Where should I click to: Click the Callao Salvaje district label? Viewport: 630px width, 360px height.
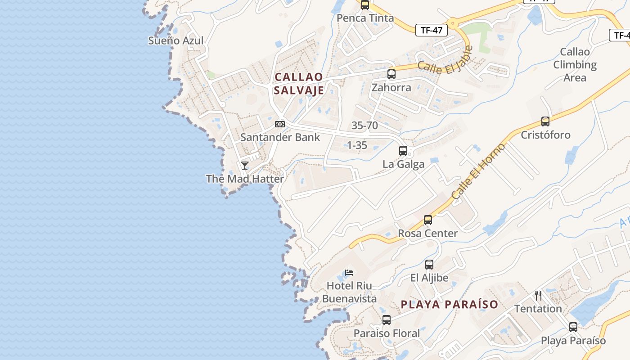[x=299, y=83]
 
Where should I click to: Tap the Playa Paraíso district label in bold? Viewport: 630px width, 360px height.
[x=450, y=304]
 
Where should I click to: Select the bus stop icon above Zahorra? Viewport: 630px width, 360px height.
[x=391, y=74]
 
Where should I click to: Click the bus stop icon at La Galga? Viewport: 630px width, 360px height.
[x=403, y=151]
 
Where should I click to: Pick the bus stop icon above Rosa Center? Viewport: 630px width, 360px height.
[x=428, y=220]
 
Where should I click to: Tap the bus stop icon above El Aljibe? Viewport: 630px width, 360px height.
[x=429, y=265]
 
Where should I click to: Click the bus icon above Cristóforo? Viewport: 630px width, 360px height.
[x=545, y=121]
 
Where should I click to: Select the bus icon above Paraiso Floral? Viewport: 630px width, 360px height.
[x=387, y=320]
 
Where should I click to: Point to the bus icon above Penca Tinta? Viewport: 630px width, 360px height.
[x=365, y=5]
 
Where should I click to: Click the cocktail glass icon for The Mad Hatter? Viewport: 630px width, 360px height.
[x=245, y=166]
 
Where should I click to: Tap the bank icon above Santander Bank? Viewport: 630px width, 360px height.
[x=280, y=124]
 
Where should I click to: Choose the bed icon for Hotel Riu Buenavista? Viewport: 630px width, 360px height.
[x=349, y=272]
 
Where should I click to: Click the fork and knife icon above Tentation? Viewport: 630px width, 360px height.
[x=538, y=296]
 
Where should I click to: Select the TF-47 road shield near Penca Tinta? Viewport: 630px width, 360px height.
[x=432, y=30]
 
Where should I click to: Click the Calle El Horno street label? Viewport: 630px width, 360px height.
[x=479, y=171]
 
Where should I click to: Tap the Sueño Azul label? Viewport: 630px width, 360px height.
[x=176, y=40]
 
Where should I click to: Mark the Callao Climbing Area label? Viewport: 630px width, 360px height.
[x=575, y=65]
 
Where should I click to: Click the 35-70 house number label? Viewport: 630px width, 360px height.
[x=364, y=126]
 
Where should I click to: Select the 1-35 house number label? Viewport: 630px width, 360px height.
[x=357, y=145]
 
